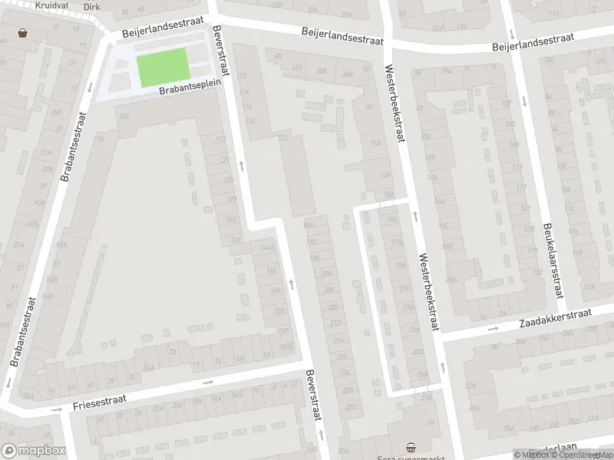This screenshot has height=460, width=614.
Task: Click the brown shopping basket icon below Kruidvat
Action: (x=23, y=33)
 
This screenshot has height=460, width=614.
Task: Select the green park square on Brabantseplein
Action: (x=163, y=67)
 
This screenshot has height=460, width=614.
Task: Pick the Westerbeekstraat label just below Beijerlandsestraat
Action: (x=394, y=105)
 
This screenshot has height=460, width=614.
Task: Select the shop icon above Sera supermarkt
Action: (x=411, y=447)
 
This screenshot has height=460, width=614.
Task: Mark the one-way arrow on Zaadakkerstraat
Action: (x=493, y=329)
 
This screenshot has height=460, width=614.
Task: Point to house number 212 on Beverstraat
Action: (x=335, y=323)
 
